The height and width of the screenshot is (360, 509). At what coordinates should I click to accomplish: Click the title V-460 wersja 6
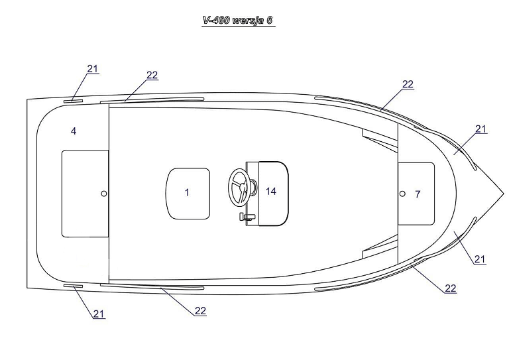238,20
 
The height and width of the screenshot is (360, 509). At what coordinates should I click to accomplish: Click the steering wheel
239,186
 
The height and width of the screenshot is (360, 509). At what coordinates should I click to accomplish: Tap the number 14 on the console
271,192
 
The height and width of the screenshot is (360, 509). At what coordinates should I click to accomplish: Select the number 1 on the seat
187,192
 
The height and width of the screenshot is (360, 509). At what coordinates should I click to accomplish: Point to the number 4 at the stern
74,131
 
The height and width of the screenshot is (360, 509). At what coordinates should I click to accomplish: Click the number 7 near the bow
418,194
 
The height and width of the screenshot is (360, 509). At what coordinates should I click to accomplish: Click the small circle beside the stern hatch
104,194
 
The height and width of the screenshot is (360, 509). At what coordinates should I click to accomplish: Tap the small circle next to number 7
402,194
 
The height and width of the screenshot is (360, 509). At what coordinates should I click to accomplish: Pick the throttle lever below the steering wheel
247,217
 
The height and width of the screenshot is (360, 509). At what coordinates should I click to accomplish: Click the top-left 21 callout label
93,68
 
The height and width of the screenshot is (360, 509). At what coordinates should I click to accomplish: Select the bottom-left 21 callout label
99,314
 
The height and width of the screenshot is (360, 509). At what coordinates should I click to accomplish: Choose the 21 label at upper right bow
481,129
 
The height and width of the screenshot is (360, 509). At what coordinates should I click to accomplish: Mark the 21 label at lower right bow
480,259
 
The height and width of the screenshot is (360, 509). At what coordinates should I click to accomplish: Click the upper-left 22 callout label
152,75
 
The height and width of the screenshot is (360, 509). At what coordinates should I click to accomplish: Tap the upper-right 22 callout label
408,84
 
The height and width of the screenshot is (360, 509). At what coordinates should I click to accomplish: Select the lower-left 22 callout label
201,311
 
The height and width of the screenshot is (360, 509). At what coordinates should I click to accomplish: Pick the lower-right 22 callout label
450,288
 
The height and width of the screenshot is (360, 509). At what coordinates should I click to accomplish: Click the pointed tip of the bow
504,194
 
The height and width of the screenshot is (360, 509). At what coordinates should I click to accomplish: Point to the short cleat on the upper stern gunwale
73,101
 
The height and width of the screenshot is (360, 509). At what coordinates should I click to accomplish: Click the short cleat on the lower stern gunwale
73,286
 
